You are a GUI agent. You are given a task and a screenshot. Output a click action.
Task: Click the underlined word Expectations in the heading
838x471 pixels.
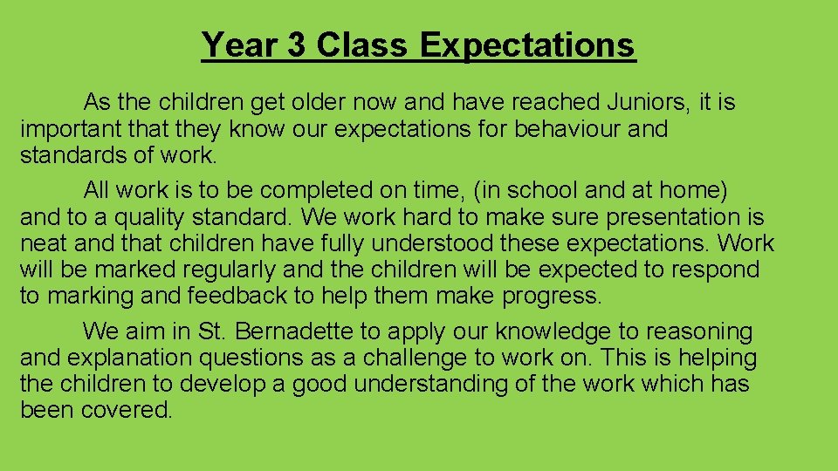528,44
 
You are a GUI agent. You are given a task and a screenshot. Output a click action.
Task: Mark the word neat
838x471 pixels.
44,243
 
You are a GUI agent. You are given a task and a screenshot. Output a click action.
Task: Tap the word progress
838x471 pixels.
552,297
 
